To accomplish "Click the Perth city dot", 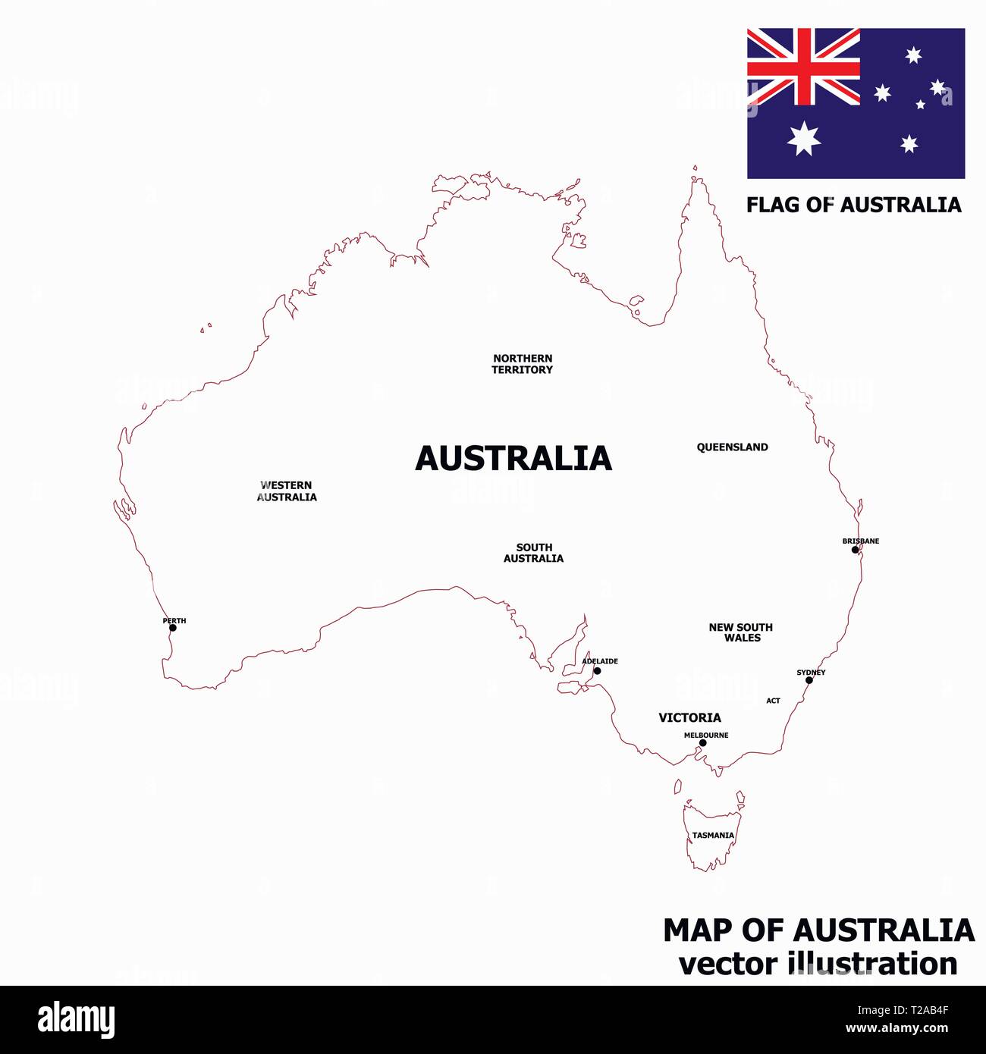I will point(172,628).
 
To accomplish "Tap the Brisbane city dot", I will point(855,550).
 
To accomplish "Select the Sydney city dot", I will point(809,680).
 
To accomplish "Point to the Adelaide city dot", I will point(597,671).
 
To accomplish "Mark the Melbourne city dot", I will point(702,743).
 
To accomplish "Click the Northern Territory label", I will point(523,364).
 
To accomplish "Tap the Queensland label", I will point(732,447).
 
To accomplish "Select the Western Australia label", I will point(287,491).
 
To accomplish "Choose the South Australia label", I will point(534,553).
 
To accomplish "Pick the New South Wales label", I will point(741,632).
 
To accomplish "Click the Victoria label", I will point(689,717).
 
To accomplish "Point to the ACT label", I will point(773,701).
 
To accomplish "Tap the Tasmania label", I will point(713,836).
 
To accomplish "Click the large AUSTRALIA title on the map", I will point(513,459).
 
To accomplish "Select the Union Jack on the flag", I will point(803,67).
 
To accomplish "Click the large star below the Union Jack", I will point(803,139).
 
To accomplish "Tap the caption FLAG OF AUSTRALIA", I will point(853,205).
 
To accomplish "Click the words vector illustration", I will point(818,964).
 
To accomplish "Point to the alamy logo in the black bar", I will point(76,1020).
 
